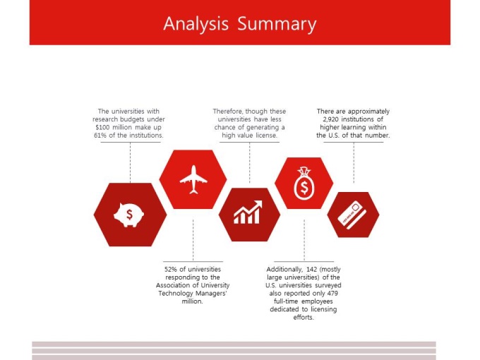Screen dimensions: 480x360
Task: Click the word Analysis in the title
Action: pos(196,23)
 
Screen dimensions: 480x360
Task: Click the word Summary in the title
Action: pos(277,23)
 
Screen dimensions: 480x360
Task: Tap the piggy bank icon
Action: pos(129,215)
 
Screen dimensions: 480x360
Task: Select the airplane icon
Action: pos(193,179)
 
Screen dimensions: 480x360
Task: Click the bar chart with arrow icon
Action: pos(248,212)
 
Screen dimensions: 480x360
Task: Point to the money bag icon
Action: pos(304,184)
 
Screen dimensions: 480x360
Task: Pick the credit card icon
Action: pos(352,215)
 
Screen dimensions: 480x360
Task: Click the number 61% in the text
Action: pos(100,136)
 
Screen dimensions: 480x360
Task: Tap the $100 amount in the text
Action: pos(103,127)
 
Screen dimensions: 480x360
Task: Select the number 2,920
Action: pos(331,119)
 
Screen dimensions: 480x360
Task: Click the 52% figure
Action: pos(171,270)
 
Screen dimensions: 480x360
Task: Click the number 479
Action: pos(332,293)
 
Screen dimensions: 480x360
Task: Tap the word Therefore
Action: pos(228,112)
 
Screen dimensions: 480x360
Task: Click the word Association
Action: pos(173,285)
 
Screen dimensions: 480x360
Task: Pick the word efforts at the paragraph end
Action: pos(304,318)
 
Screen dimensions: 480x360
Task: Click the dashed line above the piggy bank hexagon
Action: pos(130,162)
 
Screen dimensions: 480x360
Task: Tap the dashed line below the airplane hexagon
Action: pos(193,240)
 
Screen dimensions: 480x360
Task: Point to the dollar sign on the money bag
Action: pos(304,188)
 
